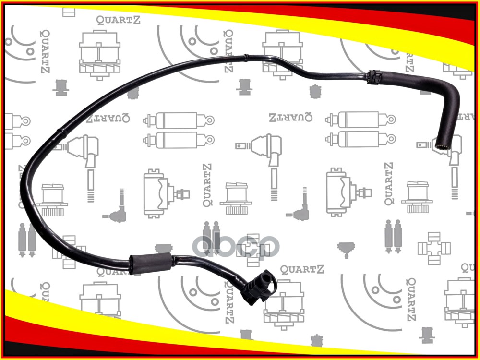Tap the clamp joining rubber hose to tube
(374, 76)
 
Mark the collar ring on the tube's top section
(245, 58)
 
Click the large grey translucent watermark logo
(235, 245)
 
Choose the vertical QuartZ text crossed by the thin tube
(228, 51)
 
